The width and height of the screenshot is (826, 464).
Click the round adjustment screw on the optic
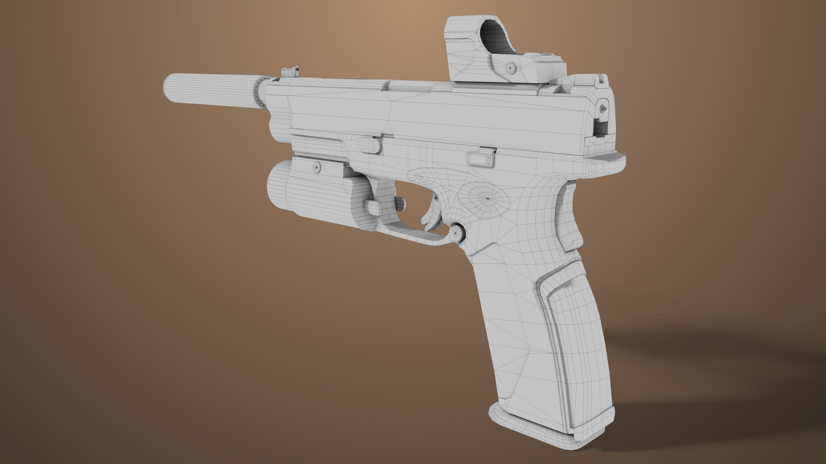(x=510, y=68)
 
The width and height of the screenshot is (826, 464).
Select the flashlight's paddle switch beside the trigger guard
(x=374, y=208)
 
